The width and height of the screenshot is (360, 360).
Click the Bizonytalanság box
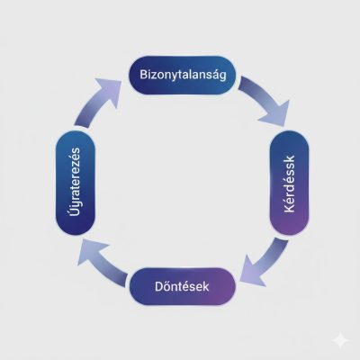point(183,75)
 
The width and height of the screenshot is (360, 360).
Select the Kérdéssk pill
point(290,183)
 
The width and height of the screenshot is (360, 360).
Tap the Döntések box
point(183,286)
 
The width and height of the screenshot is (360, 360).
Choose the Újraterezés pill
point(76,183)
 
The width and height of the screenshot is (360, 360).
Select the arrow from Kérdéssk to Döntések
point(264,264)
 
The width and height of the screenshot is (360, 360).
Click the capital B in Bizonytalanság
point(143,75)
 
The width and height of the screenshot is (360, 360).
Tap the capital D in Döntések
point(158,286)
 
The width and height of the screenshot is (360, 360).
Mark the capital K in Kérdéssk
point(290,208)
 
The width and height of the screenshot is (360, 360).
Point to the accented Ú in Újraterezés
point(75,211)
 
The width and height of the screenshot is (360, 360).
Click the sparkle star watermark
point(340,341)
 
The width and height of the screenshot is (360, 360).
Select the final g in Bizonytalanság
point(222,76)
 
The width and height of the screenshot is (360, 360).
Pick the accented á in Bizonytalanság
point(215,74)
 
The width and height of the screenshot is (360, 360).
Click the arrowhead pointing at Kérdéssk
point(276,115)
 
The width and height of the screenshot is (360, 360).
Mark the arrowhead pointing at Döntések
point(251,273)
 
